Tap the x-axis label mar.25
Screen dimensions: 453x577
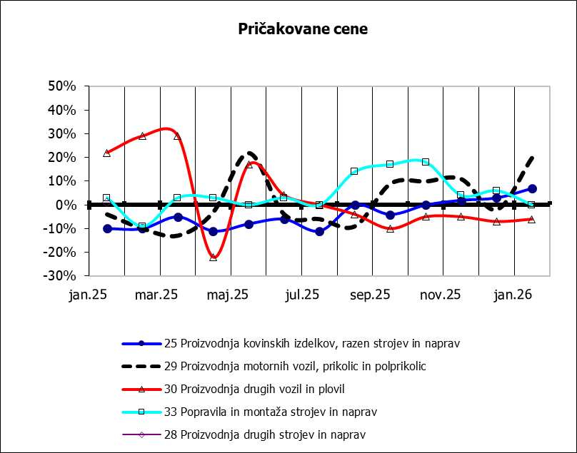tap(157, 294)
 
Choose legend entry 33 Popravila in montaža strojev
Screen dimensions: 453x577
tap(278, 412)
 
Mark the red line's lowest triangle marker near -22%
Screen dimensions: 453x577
tap(213, 257)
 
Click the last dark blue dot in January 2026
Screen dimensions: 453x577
tap(532, 189)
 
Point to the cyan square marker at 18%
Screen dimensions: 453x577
tap(426, 162)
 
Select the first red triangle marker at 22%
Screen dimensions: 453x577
tap(107, 153)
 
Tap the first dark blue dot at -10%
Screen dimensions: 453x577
tap(107, 228)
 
